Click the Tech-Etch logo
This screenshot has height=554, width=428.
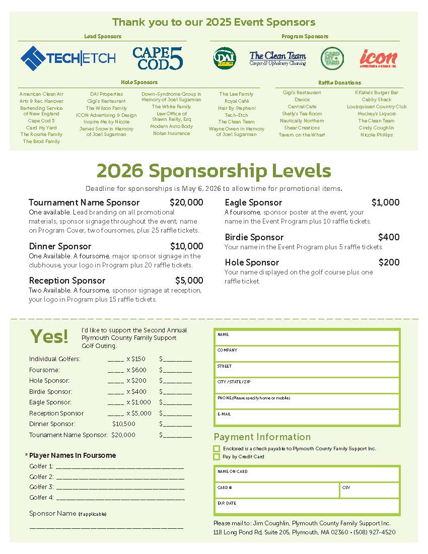click(x=68, y=58)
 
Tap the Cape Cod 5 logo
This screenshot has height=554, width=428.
click(x=158, y=58)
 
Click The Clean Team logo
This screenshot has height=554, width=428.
click(x=278, y=59)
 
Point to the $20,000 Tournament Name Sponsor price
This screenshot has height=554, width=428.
click(x=186, y=202)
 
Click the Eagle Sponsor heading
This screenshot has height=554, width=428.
click(x=253, y=202)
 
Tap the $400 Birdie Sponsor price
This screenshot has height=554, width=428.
click(x=389, y=237)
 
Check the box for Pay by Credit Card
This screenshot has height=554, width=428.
click(x=217, y=457)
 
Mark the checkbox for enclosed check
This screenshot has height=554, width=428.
click(x=217, y=449)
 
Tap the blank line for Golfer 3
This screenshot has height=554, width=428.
click(x=120, y=488)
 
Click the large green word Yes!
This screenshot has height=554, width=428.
click(x=49, y=336)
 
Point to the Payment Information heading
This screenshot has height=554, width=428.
click(x=262, y=437)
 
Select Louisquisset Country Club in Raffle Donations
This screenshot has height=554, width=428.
click(x=377, y=107)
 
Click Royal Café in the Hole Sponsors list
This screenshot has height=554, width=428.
click(x=237, y=101)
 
